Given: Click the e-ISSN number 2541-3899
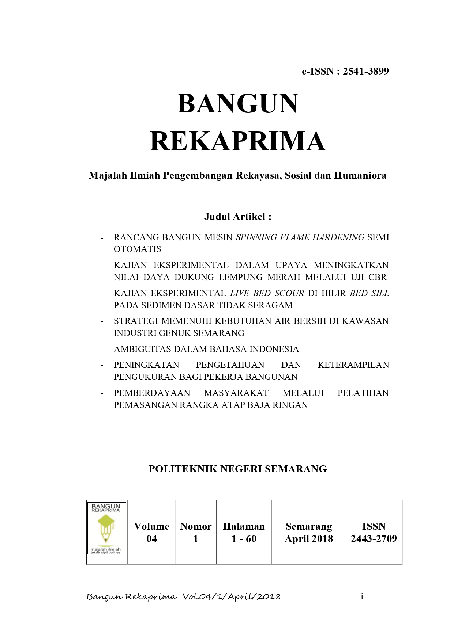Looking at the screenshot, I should click(365, 71).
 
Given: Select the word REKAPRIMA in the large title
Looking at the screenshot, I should click(237, 141).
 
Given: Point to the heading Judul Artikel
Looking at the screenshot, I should click(237, 217).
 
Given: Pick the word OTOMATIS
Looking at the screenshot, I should click(137, 249).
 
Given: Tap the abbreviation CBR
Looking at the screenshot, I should click(378, 277).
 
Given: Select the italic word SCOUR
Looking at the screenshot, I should click(289, 293).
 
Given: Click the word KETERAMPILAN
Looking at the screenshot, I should click(353, 365).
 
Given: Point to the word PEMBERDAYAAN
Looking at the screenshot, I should click(152, 393).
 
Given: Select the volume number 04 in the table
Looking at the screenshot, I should click(151, 539).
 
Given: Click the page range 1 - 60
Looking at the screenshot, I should click(244, 539).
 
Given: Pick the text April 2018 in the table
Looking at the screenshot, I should click(309, 539).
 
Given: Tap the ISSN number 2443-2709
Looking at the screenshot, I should click(374, 539).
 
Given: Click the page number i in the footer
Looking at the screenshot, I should click(362, 596).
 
